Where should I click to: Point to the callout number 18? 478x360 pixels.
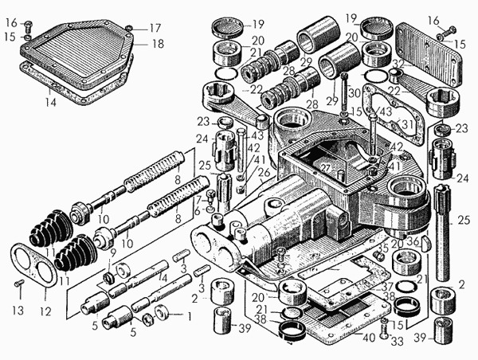158,44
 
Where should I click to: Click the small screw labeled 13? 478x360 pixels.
19,283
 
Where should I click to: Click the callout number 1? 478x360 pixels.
189,315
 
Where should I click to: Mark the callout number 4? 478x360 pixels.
164,278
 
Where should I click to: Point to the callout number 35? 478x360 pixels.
386,247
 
